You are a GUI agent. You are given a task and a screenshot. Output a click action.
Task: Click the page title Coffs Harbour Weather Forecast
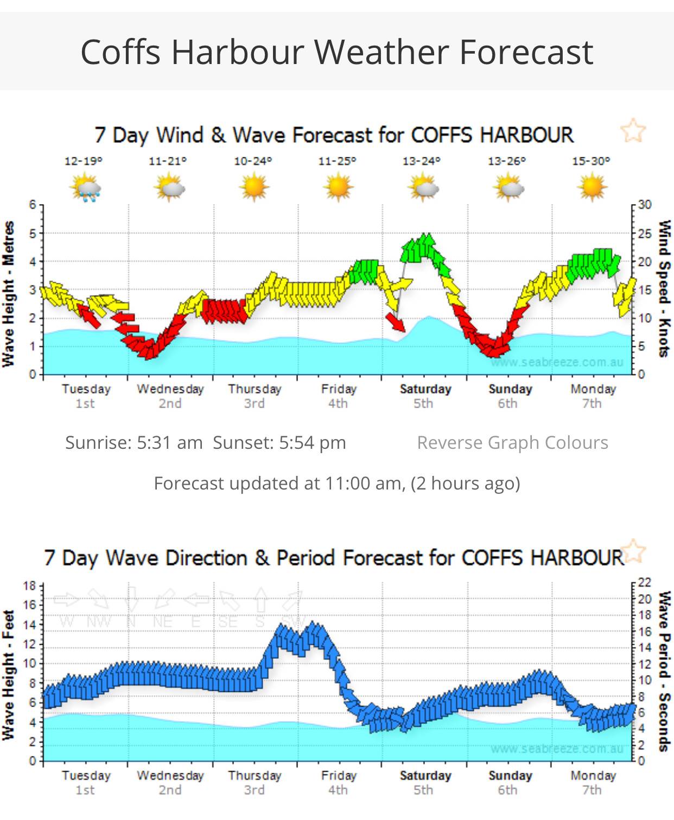coord(336,52)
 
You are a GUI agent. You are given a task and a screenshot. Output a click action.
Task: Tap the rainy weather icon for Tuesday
coord(85,187)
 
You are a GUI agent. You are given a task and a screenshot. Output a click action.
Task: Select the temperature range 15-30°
coord(590,161)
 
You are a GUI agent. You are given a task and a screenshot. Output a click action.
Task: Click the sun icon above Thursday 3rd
coord(253,187)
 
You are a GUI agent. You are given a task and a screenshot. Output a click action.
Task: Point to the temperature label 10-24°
coord(253,161)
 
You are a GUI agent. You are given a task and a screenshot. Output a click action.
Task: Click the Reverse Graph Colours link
coord(512,443)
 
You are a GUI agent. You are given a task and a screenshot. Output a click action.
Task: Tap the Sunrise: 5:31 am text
coord(133,443)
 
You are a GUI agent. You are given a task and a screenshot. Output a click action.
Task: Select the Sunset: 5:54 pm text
coord(279,443)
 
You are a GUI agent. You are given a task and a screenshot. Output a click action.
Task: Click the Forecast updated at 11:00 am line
coord(336,483)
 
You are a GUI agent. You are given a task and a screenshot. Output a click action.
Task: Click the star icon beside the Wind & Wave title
coord(633,131)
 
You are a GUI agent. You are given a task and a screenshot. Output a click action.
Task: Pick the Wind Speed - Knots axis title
coord(664,288)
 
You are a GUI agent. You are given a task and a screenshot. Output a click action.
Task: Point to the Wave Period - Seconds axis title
coord(664,671)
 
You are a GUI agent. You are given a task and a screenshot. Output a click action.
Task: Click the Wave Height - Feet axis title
coord(8,675)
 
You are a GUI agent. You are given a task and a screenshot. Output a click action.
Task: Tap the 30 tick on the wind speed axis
coord(644,205)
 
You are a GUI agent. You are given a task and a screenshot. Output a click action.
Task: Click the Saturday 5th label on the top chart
coord(425,396)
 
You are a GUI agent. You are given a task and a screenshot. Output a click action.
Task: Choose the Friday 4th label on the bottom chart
coord(338,782)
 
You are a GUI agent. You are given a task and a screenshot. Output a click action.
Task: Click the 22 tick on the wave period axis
coord(644,583)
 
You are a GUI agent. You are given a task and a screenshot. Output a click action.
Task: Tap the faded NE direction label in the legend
coord(162,622)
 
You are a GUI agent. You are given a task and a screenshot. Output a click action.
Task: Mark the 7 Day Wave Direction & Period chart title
coord(334,558)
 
